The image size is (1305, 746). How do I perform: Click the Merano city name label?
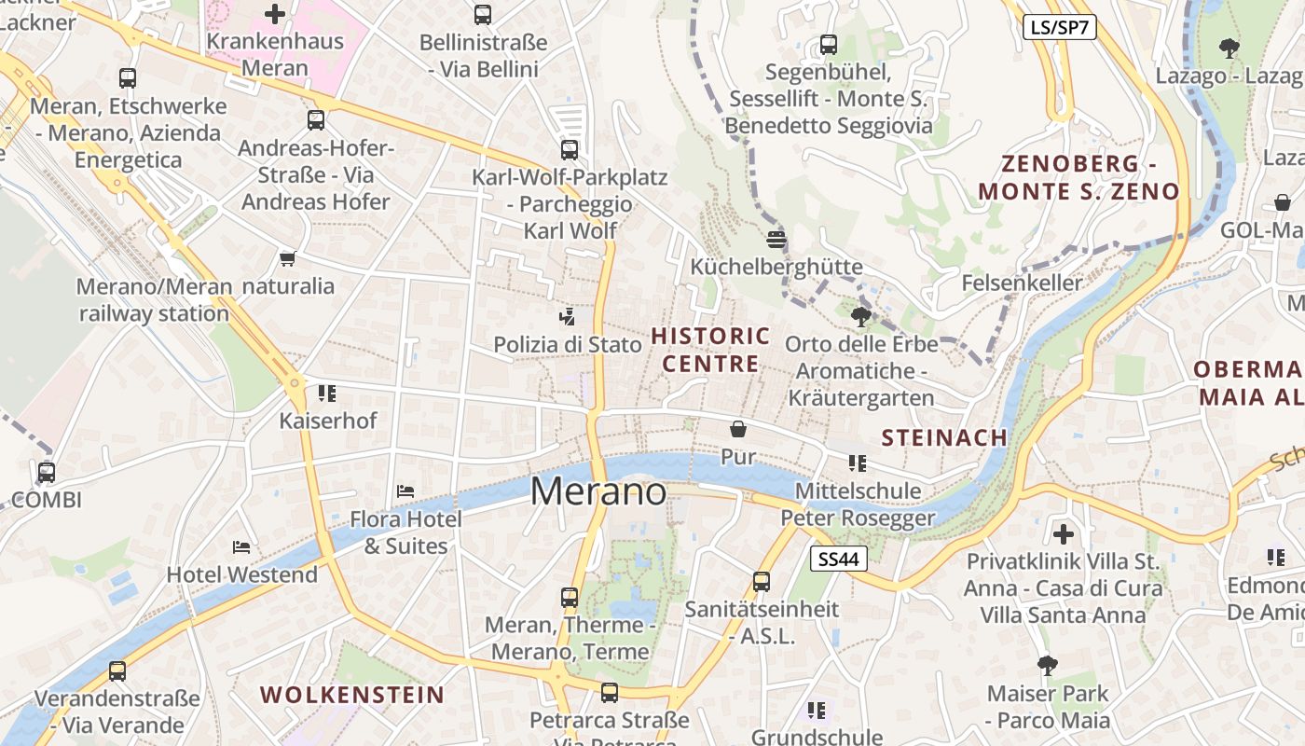tap(598, 492)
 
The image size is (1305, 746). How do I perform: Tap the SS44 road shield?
tap(839, 559)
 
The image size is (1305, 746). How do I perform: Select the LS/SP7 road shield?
tap(1059, 27)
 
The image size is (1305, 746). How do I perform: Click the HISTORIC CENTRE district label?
tap(710, 350)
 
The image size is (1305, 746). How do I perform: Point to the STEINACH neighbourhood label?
tap(944, 437)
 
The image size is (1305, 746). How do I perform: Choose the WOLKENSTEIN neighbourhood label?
tap(352, 695)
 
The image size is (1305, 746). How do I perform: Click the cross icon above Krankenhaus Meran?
tap(275, 14)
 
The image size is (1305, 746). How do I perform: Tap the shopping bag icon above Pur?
tap(738, 429)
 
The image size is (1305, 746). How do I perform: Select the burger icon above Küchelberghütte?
tap(776, 239)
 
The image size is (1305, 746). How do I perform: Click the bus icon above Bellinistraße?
tap(482, 15)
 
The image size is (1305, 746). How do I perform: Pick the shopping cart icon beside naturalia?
tap(287, 258)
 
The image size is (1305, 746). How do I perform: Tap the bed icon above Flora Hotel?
tap(405, 490)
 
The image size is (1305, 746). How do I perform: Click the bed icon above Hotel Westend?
tap(241, 546)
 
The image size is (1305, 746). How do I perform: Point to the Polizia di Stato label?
tap(568, 345)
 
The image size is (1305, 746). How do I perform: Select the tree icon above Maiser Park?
tap(1048, 665)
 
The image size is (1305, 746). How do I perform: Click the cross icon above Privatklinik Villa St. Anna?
tap(1063, 534)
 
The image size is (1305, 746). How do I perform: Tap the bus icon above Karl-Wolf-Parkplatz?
tap(569, 149)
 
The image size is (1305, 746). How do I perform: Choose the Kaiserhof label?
tap(328, 421)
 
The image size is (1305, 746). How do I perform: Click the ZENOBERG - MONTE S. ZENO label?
tap(1078, 177)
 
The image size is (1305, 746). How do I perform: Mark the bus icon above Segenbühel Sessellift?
tap(828, 44)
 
